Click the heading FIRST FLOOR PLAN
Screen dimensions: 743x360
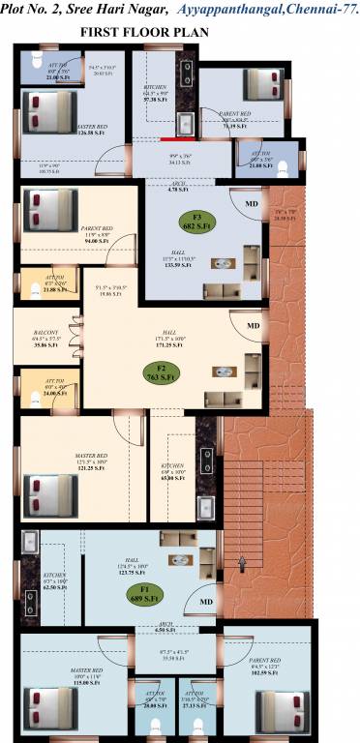[x=146, y=32]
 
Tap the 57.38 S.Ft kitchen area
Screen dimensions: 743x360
[x=158, y=100]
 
